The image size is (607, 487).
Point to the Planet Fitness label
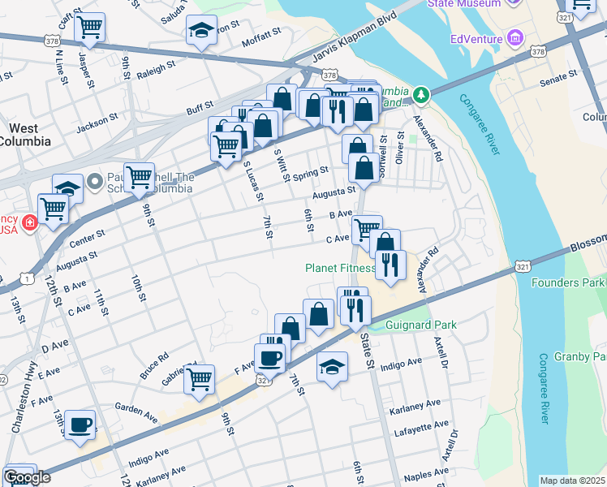tap(339, 268)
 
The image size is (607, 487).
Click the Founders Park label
tap(568, 282)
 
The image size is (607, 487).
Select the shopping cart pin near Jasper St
tap(89, 27)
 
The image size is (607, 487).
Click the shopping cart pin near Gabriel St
tap(199, 377)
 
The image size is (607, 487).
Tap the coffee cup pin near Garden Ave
tap(80, 425)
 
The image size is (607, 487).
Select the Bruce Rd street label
tap(153, 356)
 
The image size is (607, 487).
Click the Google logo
tap(27, 477)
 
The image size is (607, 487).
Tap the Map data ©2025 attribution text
tap(573, 481)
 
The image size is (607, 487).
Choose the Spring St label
tap(310, 173)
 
